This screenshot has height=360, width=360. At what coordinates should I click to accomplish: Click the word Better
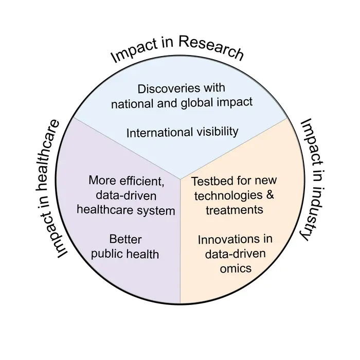click(125, 239)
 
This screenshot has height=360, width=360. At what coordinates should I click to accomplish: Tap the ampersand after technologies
click(270, 195)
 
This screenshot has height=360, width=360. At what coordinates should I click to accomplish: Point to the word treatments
click(235, 210)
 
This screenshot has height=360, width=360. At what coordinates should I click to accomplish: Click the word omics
click(236, 268)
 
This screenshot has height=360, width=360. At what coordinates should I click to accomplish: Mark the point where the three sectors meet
click(180, 179)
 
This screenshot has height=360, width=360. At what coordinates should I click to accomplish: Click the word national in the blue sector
click(132, 104)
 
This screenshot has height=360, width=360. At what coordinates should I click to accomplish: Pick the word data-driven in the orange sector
click(236, 254)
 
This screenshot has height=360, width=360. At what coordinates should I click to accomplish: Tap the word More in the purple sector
click(103, 181)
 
